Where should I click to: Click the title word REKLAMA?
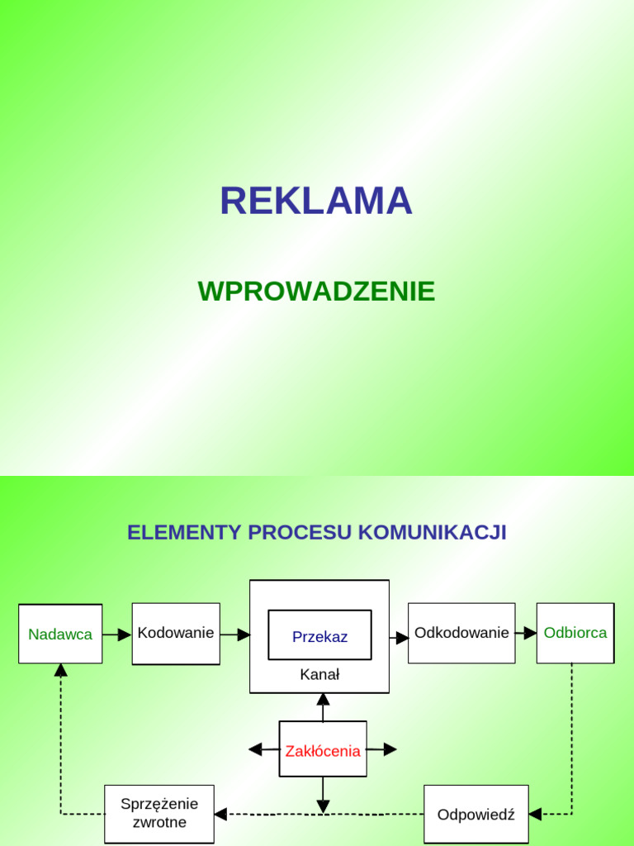(316, 202)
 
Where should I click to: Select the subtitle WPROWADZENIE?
(316, 291)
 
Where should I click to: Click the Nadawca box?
(60, 634)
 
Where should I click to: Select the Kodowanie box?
(176, 634)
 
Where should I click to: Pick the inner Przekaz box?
(319, 636)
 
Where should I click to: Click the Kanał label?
(319, 674)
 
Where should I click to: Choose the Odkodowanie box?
(461, 633)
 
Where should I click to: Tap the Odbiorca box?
(575, 633)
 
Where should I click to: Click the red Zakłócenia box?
(323, 749)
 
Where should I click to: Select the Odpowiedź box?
(476, 814)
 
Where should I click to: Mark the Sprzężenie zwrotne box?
(159, 814)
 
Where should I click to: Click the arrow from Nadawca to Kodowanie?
(117, 634)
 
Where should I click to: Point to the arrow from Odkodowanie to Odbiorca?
(526, 633)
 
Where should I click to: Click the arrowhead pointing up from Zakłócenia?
(323, 700)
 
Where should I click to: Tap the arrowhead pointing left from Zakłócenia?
(255, 749)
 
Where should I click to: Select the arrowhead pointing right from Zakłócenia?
(390, 749)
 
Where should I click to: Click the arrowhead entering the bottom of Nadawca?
(60, 670)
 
